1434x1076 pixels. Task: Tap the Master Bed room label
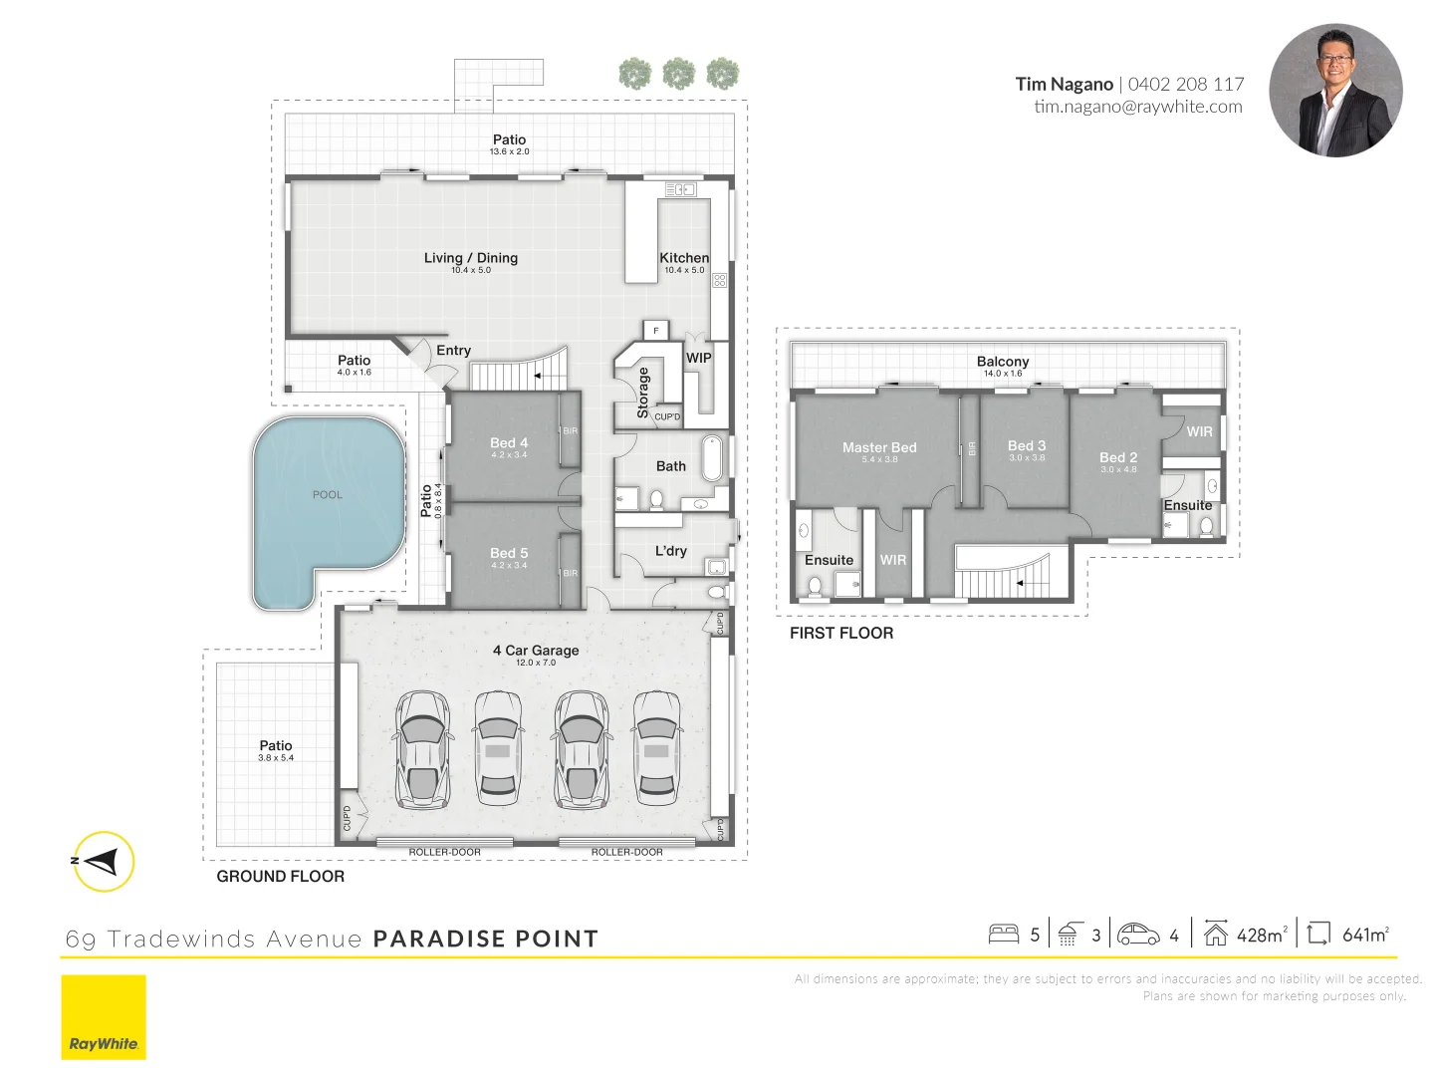pyautogui.click(x=879, y=448)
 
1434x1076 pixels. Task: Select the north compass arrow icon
pyautogui.click(x=103, y=861)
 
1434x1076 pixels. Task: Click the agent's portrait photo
pyautogui.click(x=1335, y=91)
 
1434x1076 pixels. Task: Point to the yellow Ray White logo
pyautogui.click(x=104, y=1017)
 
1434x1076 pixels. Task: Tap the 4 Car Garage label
pyautogui.click(x=536, y=651)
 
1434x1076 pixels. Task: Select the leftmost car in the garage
pyautogui.click(x=422, y=749)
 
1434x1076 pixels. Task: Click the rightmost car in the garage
pyautogui.click(x=657, y=749)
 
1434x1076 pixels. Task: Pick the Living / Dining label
pyautogui.click(x=471, y=258)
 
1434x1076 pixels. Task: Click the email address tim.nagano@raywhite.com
pyautogui.click(x=1137, y=107)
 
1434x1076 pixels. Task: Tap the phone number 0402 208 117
pyautogui.click(x=1186, y=85)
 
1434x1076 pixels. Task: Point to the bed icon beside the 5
pyautogui.click(x=1004, y=934)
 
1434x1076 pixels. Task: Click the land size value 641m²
pyautogui.click(x=1365, y=935)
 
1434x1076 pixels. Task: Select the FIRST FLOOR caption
pyautogui.click(x=841, y=633)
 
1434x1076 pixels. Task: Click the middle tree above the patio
pyautogui.click(x=679, y=74)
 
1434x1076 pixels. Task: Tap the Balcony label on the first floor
pyautogui.click(x=1003, y=362)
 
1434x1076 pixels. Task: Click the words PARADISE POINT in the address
pyautogui.click(x=486, y=939)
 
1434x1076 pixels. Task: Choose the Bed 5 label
pyautogui.click(x=509, y=553)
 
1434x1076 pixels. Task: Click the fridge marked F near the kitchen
pyautogui.click(x=656, y=330)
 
